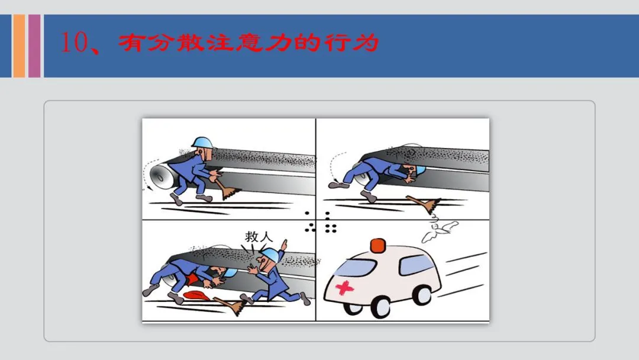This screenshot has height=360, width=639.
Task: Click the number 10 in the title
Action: [74, 42]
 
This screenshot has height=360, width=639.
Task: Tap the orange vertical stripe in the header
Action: [19, 46]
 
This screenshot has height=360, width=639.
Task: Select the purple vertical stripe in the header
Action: [34, 46]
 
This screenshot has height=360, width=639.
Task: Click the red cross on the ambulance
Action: [344, 287]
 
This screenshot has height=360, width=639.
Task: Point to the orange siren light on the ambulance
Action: [377, 246]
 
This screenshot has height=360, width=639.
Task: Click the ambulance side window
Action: [416, 264]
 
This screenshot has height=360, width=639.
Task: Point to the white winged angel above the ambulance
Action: [439, 230]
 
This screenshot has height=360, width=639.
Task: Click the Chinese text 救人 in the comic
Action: [259, 236]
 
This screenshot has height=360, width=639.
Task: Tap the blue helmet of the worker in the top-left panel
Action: [202, 142]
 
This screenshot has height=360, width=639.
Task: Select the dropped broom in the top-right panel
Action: [424, 204]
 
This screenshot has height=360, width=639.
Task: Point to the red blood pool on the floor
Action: [196, 295]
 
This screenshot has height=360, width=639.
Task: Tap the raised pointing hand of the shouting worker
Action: [284, 246]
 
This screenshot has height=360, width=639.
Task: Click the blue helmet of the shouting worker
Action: [270, 255]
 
